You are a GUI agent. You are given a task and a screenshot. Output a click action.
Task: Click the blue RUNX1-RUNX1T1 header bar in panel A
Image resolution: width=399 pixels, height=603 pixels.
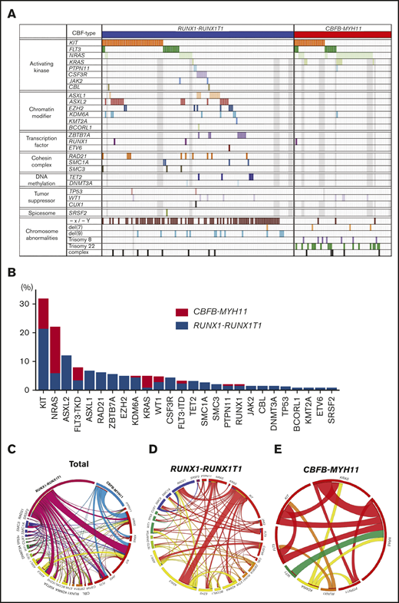(197, 34)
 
